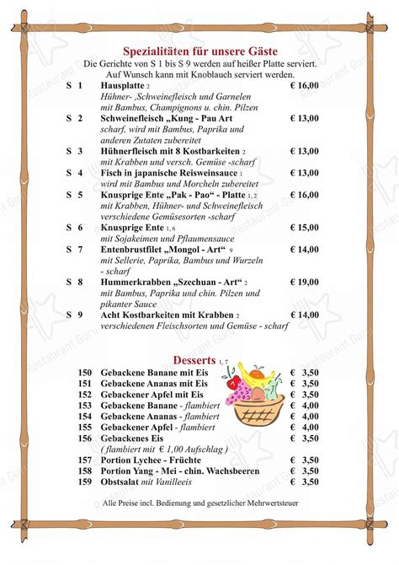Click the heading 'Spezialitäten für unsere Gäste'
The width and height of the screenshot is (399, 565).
199,51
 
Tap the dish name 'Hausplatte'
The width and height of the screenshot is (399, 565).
122,86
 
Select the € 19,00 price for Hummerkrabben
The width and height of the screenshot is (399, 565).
304,282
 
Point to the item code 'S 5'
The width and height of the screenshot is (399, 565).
74,195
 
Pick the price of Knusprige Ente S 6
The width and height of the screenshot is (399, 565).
304,228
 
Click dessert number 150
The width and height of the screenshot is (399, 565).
85,372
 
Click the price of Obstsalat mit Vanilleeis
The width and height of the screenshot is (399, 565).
304,482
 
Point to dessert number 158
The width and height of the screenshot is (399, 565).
85,471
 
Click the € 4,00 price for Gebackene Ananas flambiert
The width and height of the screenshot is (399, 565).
304,416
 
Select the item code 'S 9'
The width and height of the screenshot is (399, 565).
74,315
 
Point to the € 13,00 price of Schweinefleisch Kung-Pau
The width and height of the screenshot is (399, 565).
304,118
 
